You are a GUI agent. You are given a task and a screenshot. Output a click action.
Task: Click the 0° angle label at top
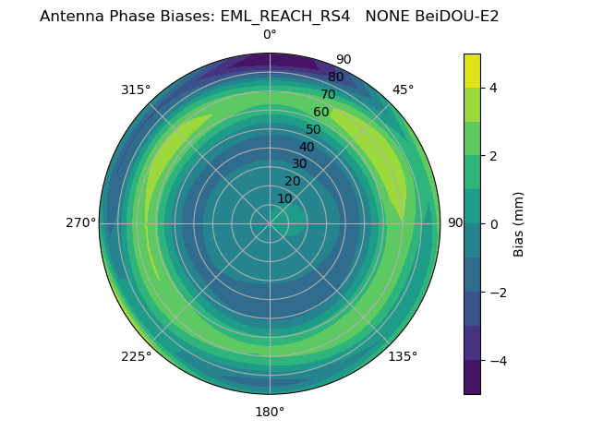click(270, 35)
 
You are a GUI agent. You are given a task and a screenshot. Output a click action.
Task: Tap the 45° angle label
click(403, 90)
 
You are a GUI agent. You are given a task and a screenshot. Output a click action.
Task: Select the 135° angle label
click(403, 356)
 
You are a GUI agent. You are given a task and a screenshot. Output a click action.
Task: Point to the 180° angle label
click(270, 412)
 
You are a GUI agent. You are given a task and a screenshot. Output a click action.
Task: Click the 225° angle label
click(136, 356)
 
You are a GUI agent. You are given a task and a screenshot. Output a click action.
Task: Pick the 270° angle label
click(80, 223)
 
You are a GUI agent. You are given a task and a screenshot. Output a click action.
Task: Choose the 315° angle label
click(136, 90)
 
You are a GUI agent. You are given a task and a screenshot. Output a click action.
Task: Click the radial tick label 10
click(285, 198)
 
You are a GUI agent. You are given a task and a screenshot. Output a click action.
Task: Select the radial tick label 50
click(314, 130)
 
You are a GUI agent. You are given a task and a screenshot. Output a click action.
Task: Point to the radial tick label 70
click(328, 95)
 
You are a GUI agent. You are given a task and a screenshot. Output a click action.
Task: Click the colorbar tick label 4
click(494, 88)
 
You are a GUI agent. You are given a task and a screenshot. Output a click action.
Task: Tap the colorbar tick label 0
click(494, 223)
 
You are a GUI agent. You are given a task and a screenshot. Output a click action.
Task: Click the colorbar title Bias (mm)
click(519, 223)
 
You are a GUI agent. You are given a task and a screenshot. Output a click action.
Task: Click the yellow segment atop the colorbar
click(472, 70)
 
